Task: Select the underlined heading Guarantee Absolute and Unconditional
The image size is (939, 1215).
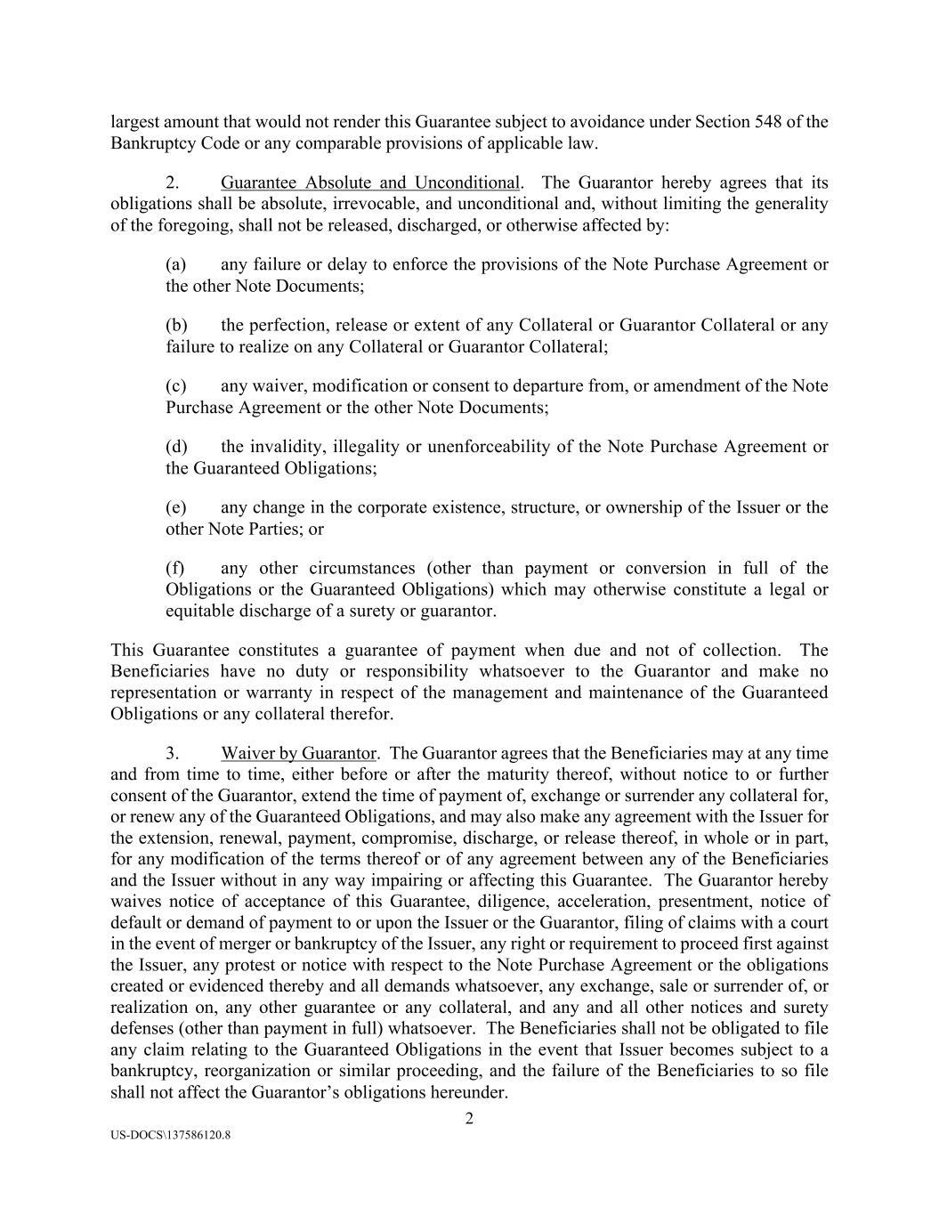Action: (369, 182)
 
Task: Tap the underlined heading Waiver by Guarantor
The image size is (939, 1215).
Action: (298, 753)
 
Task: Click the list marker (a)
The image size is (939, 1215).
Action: (175, 264)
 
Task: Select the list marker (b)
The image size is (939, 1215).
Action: (175, 325)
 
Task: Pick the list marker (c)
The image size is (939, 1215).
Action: (175, 385)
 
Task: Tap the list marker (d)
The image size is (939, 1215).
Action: (175, 446)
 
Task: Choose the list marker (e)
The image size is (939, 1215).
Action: (175, 507)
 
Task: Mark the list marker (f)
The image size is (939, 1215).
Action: (175, 568)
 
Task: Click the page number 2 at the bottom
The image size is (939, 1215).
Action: (469, 1119)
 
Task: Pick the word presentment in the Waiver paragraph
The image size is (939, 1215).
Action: (708, 902)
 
